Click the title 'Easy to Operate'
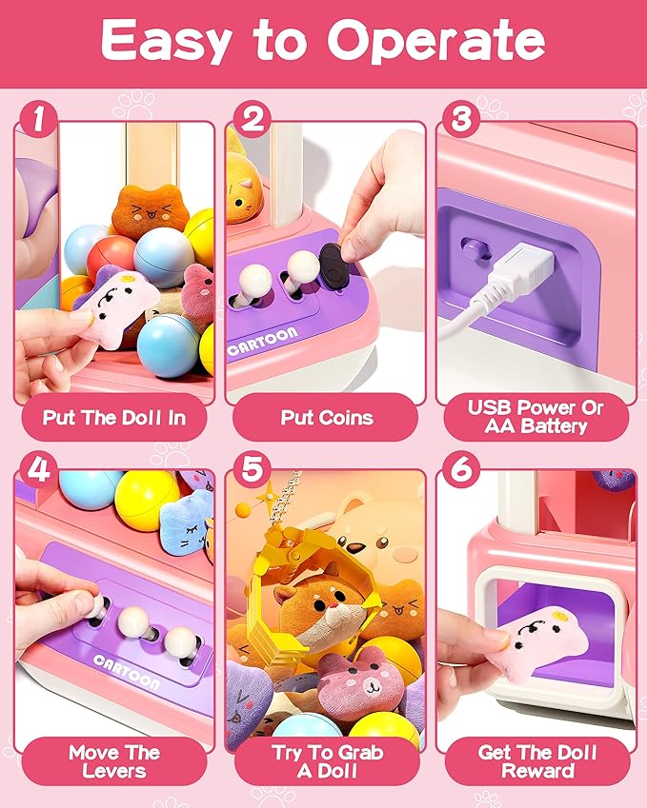[x=323, y=41]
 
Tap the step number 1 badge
[x=36, y=120]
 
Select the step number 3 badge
[x=461, y=120]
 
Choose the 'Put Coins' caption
[x=326, y=417]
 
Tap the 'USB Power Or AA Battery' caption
[x=536, y=416]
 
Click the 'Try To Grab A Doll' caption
[x=326, y=760]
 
